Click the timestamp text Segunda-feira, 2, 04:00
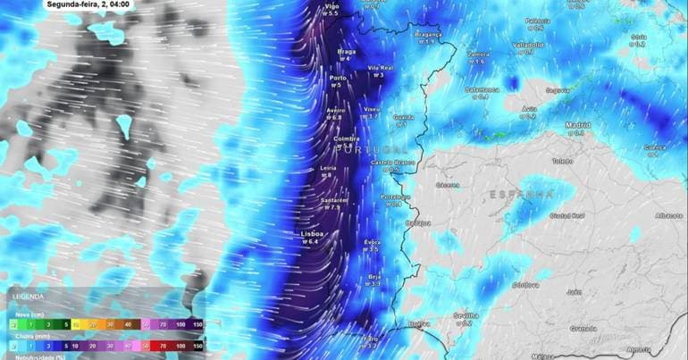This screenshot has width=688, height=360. pos(88,4)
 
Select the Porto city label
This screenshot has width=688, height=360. pos(338,78)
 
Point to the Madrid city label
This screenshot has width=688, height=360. pos(577,125)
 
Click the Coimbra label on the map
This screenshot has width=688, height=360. pos(345,139)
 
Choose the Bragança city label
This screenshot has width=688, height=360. pos(428,34)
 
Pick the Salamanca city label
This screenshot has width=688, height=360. pos(481,89)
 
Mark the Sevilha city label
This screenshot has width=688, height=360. pos(466,314)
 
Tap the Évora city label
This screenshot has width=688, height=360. pos(373,242)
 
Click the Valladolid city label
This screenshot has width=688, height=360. pos(528,44)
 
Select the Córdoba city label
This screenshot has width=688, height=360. pos(524,285)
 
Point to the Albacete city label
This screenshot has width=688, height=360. pos(668,215)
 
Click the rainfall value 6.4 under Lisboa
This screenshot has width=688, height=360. pos(312,241)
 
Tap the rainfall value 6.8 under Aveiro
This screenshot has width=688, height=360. pos(334,118)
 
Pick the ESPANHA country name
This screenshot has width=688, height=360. pos(523,194)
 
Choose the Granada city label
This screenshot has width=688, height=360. pos(583,328)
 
